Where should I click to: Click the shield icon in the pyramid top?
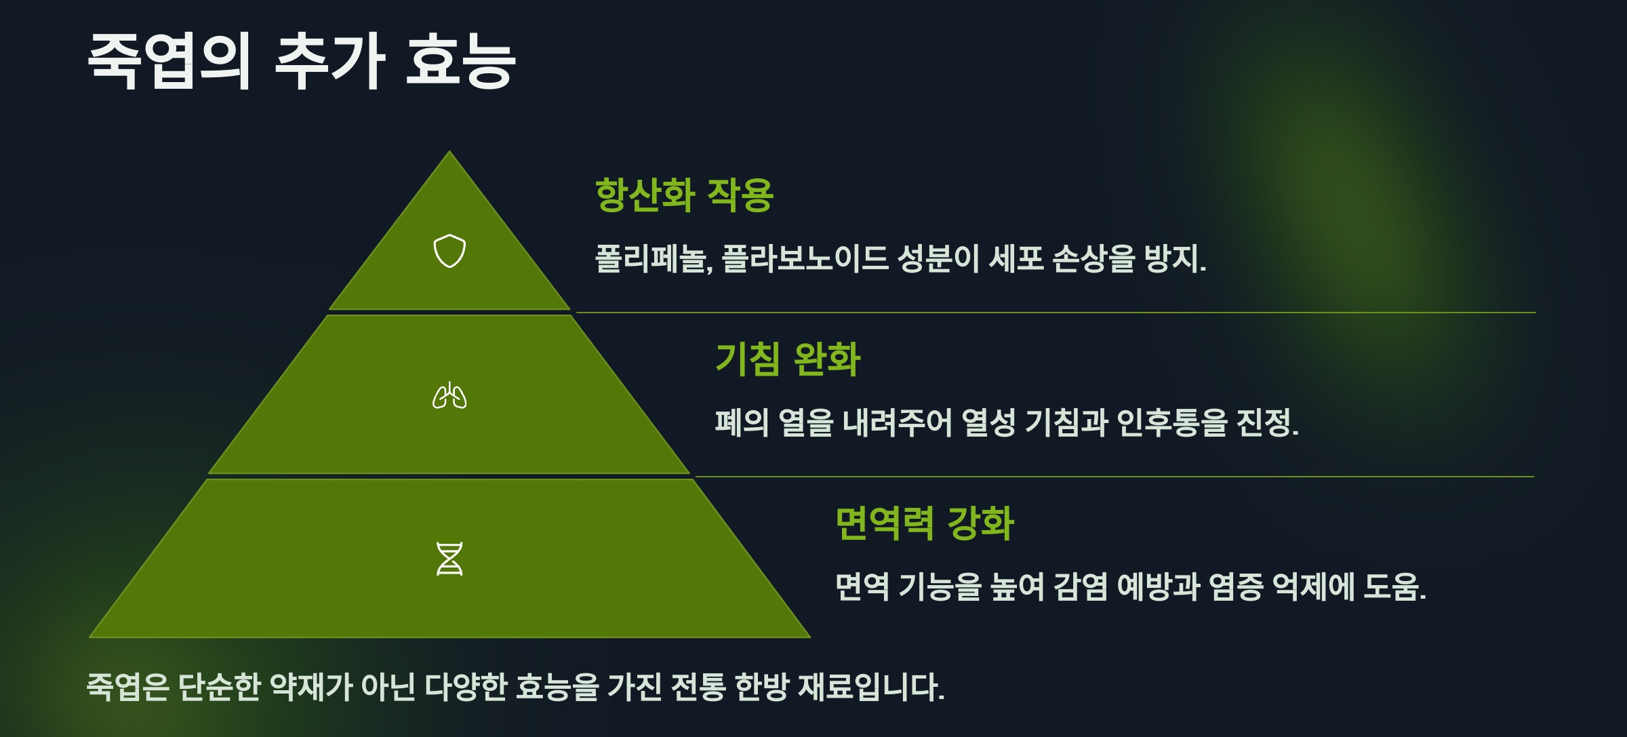pos(449,251)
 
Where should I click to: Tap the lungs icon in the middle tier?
pos(449,396)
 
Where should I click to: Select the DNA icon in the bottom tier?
pos(449,559)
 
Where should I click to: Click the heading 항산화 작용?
pos(684,195)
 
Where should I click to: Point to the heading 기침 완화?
pos(788,359)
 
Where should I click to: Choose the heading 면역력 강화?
pos(925,523)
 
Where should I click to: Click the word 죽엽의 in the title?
pos(169,61)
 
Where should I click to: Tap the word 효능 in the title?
pos(461,61)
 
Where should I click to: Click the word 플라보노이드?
pos(805,258)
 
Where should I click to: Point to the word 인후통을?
pos(1171,422)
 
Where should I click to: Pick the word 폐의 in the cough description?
pos(742,422)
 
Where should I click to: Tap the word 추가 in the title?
pos(330,61)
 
